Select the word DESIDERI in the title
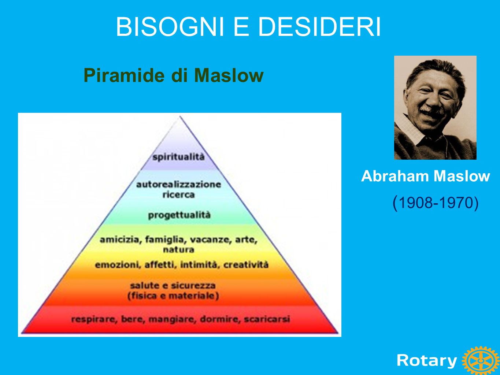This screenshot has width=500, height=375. (319, 27)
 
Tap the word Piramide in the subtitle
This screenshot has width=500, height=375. (124, 75)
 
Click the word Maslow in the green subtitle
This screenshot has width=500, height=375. (229, 75)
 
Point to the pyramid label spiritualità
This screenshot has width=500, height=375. (178, 157)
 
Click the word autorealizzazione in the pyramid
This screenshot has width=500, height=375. (179, 184)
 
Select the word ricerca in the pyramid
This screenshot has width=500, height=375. (179, 195)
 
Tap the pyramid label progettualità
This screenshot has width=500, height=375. (179, 215)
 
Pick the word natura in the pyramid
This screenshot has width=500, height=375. (179, 250)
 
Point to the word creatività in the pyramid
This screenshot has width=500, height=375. (246, 265)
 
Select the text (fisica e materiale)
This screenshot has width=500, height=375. (173, 296)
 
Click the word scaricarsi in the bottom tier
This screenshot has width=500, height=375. (267, 319)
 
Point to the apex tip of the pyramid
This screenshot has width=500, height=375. (180, 116)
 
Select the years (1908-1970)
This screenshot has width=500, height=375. (435, 203)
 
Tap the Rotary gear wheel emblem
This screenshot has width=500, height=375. (481, 361)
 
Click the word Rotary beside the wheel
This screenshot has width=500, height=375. (427, 360)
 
